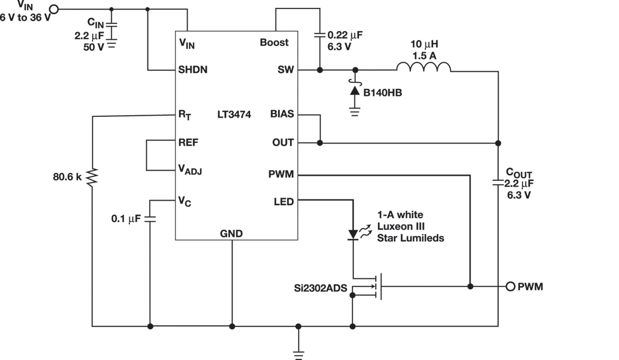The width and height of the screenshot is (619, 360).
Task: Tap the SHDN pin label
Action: click(x=193, y=70)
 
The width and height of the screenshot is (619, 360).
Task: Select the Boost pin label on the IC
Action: click(x=274, y=43)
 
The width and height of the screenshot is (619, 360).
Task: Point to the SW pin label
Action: click(x=286, y=70)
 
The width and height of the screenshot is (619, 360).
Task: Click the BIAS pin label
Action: click(x=282, y=115)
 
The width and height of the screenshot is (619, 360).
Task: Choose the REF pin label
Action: click(x=189, y=142)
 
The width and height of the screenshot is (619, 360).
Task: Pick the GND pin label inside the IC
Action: click(x=231, y=234)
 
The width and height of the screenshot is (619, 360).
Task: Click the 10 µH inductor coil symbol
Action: click(x=423, y=67)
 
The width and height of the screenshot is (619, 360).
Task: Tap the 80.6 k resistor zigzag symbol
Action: click(x=92, y=176)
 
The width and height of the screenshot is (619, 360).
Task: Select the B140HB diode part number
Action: click(x=384, y=92)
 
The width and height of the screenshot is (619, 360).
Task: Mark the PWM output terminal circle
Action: click(x=510, y=286)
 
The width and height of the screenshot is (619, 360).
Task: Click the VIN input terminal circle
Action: click(x=54, y=9)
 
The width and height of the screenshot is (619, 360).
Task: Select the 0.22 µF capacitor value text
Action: click(x=345, y=35)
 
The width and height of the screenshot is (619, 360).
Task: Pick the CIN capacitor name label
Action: click(x=95, y=23)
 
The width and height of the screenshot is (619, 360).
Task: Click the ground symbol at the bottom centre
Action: click(x=299, y=353)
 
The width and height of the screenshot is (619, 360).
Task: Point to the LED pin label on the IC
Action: click(x=283, y=201)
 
